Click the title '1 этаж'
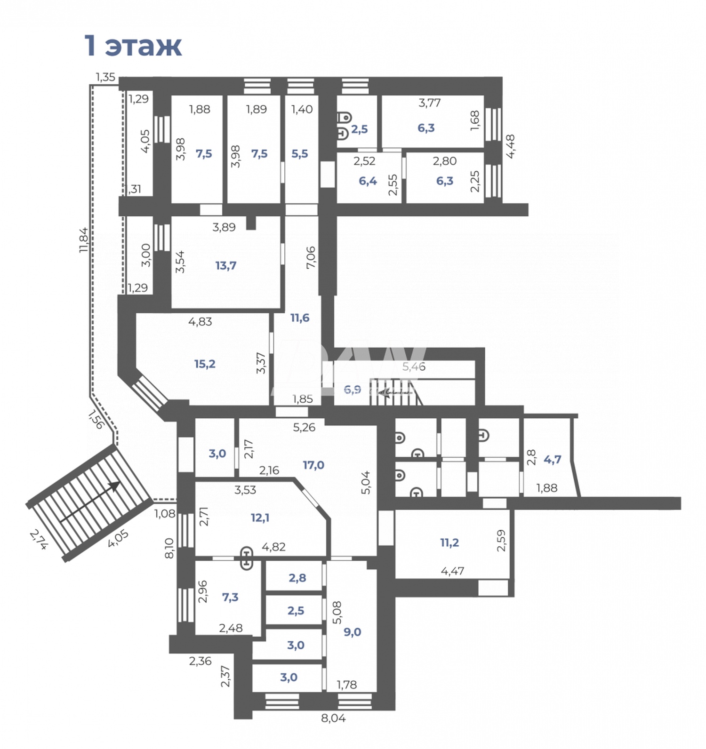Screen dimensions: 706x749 (133, 46)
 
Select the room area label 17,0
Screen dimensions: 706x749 (313, 465)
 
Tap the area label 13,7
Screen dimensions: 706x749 (226, 266)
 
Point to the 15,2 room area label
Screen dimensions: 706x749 (205, 364)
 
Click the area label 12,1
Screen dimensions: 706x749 (260, 518)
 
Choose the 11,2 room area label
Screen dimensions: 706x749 (449, 543)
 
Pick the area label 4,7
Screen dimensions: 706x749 (553, 460)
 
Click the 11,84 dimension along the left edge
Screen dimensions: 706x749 (84, 240)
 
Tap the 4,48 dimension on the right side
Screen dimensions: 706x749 (511, 146)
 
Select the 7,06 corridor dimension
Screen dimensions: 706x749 (311, 258)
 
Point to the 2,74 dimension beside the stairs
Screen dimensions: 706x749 (39, 540)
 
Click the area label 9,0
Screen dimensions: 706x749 (352, 632)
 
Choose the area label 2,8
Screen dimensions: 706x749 (297, 578)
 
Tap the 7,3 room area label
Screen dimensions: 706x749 (230, 598)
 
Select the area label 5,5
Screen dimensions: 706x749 (300, 154)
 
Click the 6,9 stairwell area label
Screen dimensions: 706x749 (353, 390)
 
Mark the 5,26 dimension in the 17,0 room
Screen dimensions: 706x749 (304, 428)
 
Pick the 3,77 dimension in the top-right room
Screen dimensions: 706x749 (430, 103)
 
